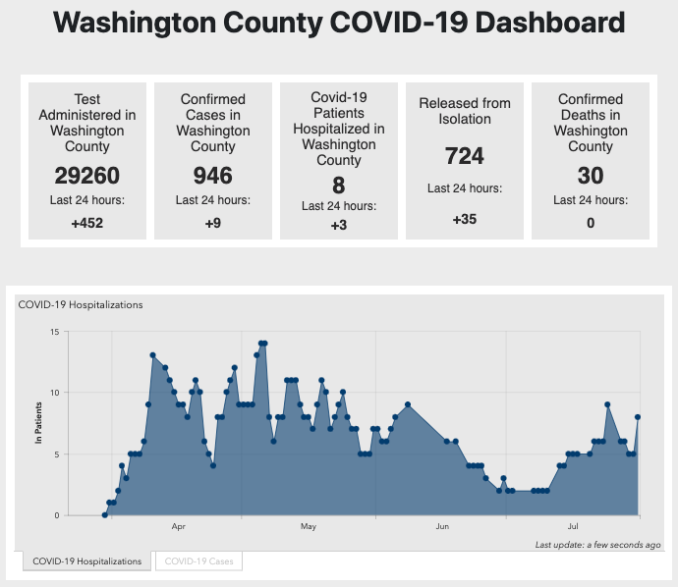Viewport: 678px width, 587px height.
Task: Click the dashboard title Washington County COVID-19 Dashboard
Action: [x=338, y=24]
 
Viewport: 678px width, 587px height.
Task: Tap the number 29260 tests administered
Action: [x=86, y=177]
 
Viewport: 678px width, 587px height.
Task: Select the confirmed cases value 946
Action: [x=212, y=177]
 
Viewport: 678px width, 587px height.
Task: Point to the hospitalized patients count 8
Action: [x=338, y=184]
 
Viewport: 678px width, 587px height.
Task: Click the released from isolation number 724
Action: [x=464, y=156]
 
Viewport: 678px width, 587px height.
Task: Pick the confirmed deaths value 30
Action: [x=590, y=177]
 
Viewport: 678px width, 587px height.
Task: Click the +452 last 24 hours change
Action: [x=86, y=223]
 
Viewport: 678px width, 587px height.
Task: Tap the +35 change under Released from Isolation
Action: [x=464, y=219]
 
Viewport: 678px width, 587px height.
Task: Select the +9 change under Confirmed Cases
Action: [x=212, y=223]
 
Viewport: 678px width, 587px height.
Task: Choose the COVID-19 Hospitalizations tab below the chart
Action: [x=87, y=561]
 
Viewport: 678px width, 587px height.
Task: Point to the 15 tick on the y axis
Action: [x=55, y=332]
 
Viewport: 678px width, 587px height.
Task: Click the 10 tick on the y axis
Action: [x=55, y=393]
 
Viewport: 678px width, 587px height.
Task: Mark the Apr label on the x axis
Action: [x=179, y=527]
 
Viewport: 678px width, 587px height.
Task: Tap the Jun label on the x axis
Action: [x=442, y=527]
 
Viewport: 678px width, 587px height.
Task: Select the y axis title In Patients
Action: [x=39, y=423]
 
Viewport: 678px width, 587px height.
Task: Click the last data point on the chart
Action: [x=638, y=417]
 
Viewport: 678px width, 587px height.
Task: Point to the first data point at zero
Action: [x=104, y=514]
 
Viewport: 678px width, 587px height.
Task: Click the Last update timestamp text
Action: [x=597, y=544]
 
